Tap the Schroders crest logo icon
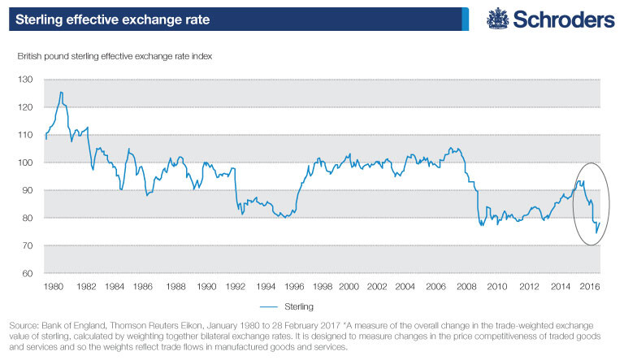click(x=497, y=19)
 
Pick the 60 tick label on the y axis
click(x=29, y=273)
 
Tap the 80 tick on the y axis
click(x=29, y=218)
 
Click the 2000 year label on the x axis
click(x=349, y=287)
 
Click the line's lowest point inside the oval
click(x=596, y=233)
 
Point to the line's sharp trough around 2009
click(x=483, y=225)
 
